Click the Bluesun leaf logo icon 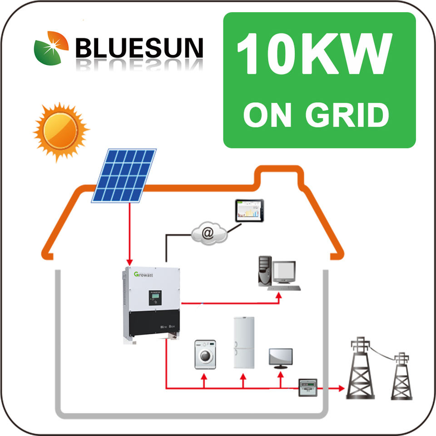51,48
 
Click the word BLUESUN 139,47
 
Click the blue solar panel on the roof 124,175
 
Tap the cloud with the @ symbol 208,233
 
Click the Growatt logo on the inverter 144,274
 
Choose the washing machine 205,354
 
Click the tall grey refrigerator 243,342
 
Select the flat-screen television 281,357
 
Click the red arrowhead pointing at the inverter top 130,262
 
